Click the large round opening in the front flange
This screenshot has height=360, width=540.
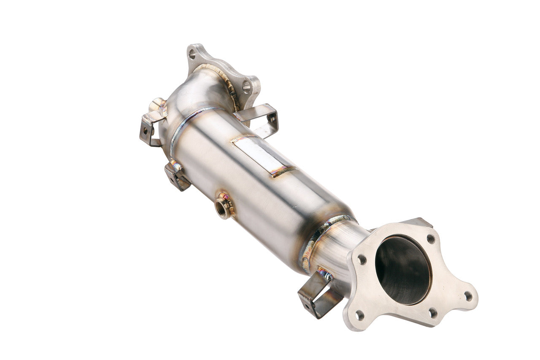click(403, 270)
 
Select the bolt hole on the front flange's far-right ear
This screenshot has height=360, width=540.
click(468, 296)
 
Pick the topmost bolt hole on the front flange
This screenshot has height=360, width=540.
click(430, 238)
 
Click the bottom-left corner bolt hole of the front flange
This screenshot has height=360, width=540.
click(359, 315)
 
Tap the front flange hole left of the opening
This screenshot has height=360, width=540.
click(362, 260)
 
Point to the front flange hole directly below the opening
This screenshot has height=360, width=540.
click(432, 313)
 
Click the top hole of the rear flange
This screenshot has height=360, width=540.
click(192, 54)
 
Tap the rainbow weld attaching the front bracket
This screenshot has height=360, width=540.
click(325, 274)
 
